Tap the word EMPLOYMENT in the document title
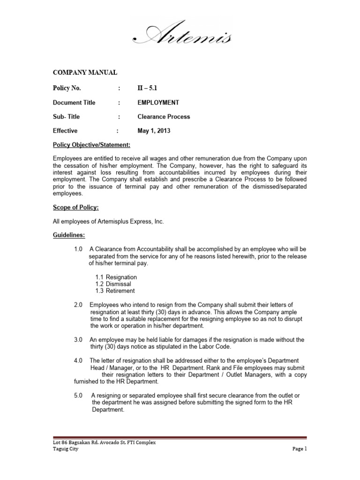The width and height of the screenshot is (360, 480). point(158,103)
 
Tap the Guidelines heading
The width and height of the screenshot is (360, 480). point(67,234)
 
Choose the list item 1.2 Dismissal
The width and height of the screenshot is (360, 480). point(113,284)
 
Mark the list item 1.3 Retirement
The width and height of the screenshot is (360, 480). point(115,291)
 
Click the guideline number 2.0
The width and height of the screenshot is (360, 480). point(78,305)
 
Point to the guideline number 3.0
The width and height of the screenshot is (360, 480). point(78,340)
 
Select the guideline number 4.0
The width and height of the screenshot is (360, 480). point(78,360)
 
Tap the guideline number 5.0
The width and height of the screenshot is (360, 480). point(78,396)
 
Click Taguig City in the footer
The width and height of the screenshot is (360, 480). point(66,449)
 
